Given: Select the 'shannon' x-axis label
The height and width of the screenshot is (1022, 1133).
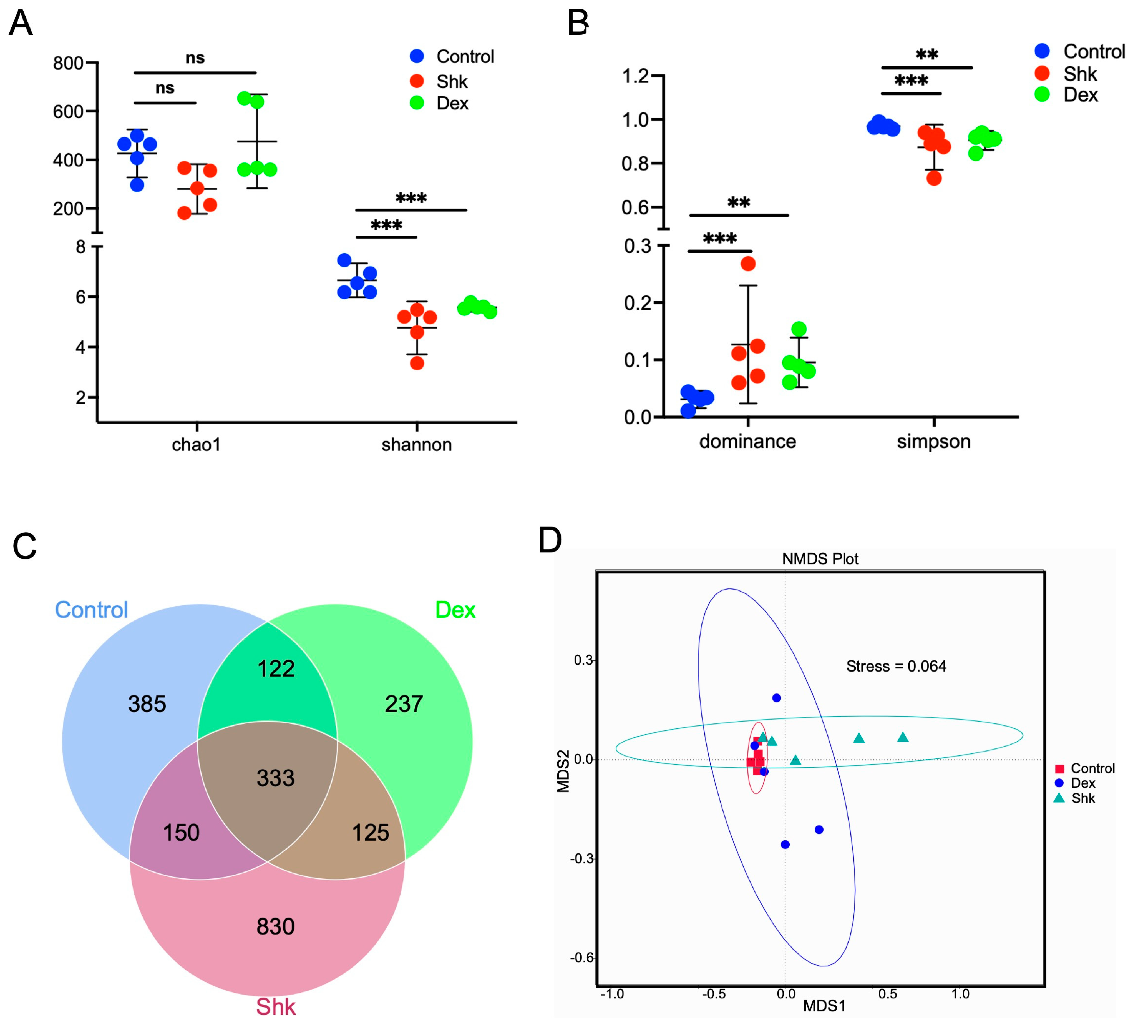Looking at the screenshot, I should (416, 445).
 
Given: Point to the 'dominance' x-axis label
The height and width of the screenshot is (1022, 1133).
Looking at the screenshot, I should (747, 441).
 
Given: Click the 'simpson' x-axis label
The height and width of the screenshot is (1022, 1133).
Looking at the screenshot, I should (933, 441).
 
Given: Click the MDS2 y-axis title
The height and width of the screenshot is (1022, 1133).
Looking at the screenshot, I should (563, 771).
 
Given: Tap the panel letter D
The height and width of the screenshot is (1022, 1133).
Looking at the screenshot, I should (550, 540).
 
